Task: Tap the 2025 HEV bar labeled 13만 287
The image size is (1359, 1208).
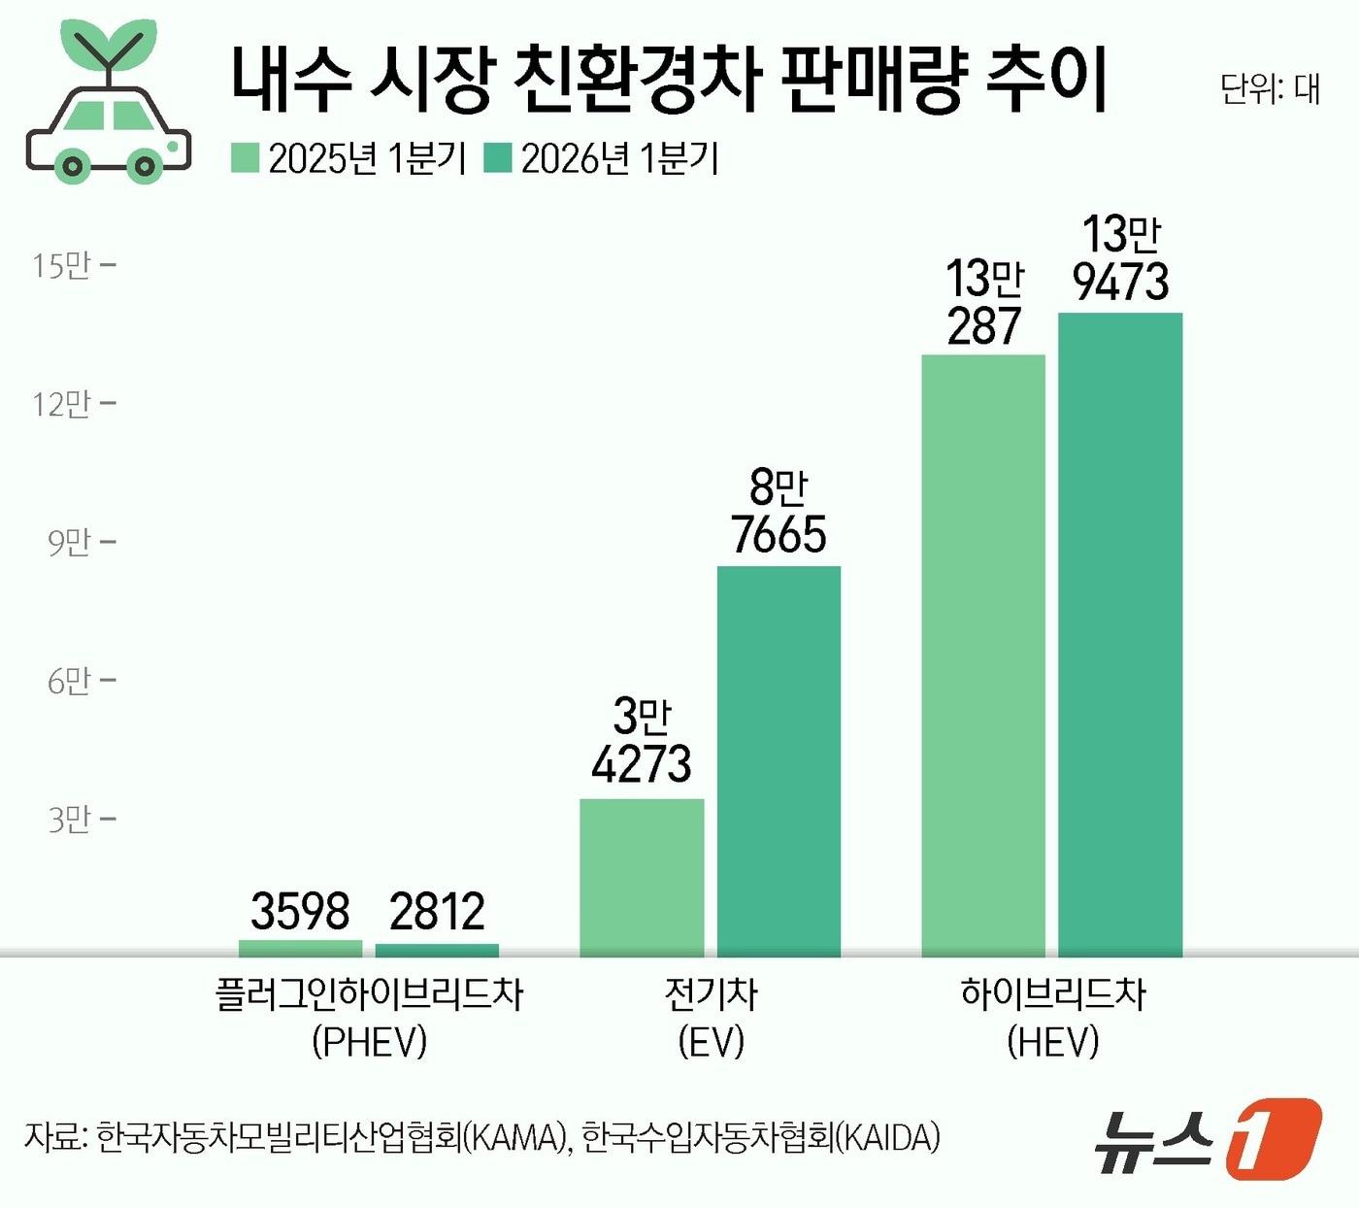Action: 983,655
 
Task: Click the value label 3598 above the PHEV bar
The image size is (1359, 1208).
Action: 300,911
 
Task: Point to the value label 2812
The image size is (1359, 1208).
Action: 437,911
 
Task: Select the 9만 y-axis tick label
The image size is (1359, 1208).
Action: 69,542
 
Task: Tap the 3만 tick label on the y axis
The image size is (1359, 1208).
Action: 69,820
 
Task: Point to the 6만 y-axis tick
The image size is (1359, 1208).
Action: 69,681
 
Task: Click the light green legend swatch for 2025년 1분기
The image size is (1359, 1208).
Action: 245,158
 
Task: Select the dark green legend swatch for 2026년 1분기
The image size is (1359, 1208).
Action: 498,158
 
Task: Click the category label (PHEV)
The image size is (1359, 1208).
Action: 370,1042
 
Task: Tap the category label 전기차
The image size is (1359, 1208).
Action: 711,993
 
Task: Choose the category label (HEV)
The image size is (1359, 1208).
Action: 1053,1042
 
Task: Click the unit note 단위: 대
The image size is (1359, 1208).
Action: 1270,88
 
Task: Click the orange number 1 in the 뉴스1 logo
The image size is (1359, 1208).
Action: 1273,1138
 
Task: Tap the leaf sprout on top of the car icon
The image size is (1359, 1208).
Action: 108,44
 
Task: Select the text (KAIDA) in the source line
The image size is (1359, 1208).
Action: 888,1137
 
